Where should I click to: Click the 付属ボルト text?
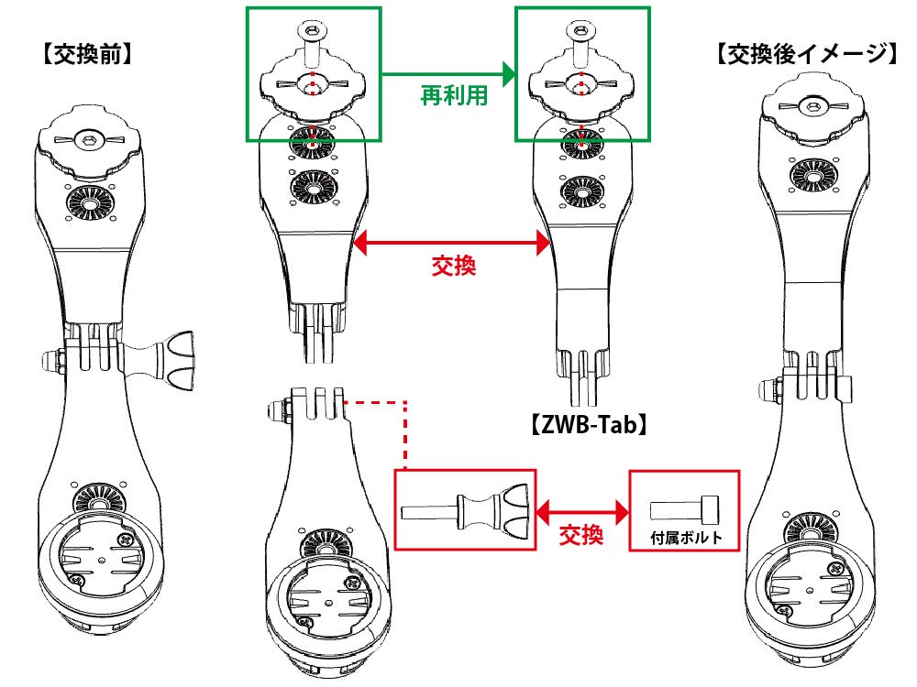[684, 537]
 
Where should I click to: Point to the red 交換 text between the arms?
[453, 267]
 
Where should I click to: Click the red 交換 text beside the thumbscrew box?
[581, 534]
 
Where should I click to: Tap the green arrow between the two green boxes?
[447, 71]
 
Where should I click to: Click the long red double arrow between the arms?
[451, 243]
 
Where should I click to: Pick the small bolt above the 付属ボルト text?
[684, 507]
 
